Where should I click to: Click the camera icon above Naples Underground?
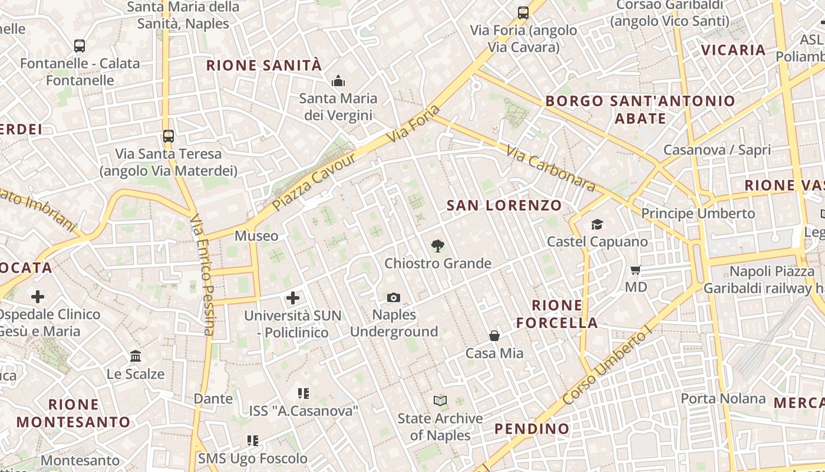click(x=394, y=298)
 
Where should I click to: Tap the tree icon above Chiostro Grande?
click(x=437, y=246)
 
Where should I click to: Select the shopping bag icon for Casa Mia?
click(x=494, y=336)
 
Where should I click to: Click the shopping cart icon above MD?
click(x=635, y=270)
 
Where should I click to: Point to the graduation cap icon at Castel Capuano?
click(x=597, y=224)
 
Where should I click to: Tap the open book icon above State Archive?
click(x=440, y=401)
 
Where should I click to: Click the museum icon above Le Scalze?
click(x=136, y=356)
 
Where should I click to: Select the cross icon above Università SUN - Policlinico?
click(x=293, y=298)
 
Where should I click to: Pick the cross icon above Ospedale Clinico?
click(x=38, y=296)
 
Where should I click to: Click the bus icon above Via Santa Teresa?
click(x=169, y=136)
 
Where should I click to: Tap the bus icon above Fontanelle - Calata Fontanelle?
click(x=80, y=45)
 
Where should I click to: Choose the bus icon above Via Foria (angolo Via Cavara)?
click(x=523, y=12)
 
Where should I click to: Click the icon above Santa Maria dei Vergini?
click(x=338, y=80)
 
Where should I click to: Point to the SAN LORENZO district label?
click(x=504, y=205)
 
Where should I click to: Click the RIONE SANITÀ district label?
click(x=264, y=65)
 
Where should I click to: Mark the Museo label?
click(x=256, y=236)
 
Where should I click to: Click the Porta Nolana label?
click(x=723, y=398)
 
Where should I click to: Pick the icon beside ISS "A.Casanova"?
click(x=303, y=393)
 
